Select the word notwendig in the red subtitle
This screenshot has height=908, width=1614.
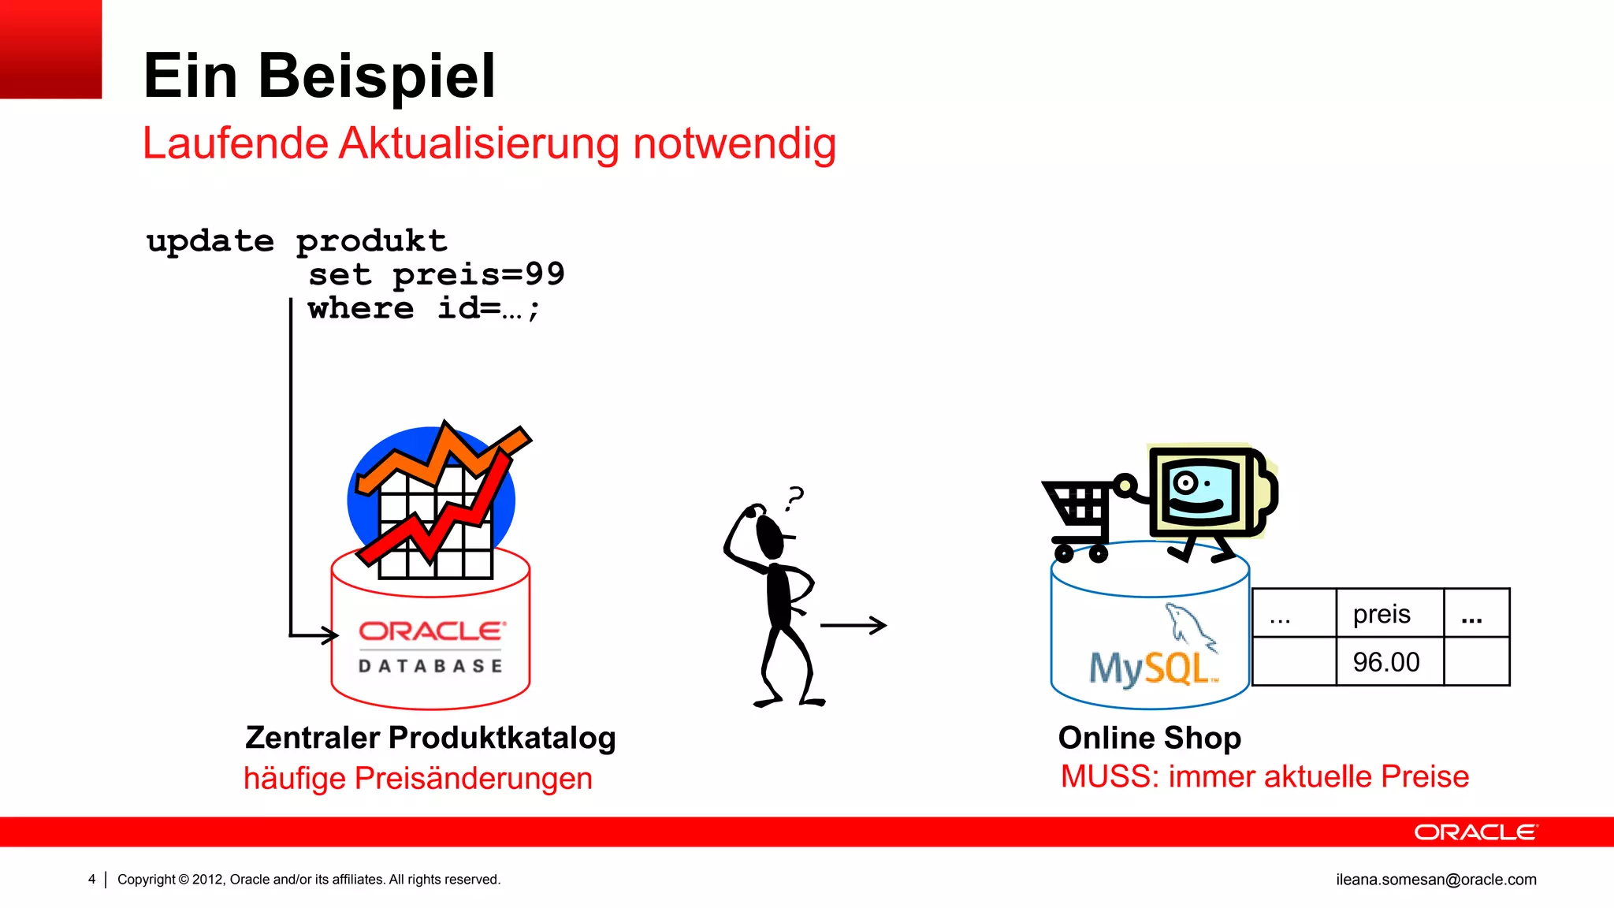(x=734, y=144)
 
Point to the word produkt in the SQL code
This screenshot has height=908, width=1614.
(x=371, y=240)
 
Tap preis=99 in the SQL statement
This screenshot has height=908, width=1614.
(x=478, y=274)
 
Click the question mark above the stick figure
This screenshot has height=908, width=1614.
(x=795, y=498)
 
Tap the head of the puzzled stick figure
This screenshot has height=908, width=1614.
(x=770, y=534)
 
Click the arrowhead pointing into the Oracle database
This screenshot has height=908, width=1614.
(x=327, y=634)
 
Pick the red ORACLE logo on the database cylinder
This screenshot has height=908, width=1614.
(x=432, y=631)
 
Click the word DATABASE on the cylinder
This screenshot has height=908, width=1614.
(x=430, y=666)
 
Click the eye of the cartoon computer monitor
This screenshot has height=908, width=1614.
(x=1185, y=482)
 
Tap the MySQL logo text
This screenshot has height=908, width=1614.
(x=1152, y=668)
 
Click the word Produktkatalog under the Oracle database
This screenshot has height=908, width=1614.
(x=502, y=739)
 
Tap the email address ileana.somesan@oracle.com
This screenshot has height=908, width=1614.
(x=1436, y=880)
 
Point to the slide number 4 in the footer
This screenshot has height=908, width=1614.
(x=92, y=880)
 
